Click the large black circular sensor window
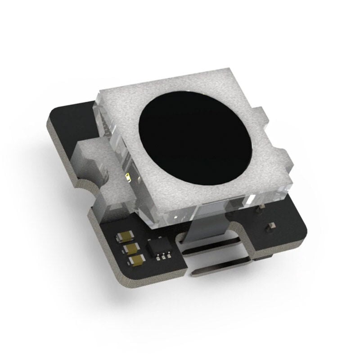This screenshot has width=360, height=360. click(x=194, y=135)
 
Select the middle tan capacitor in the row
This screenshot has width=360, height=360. click(x=130, y=248)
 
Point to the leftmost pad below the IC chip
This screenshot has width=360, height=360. click(x=159, y=259)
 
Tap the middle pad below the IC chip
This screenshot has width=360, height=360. click(x=164, y=258)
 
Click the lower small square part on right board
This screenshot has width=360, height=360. click(x=271, y=225)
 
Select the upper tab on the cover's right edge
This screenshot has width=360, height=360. click(x=260, y=116)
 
